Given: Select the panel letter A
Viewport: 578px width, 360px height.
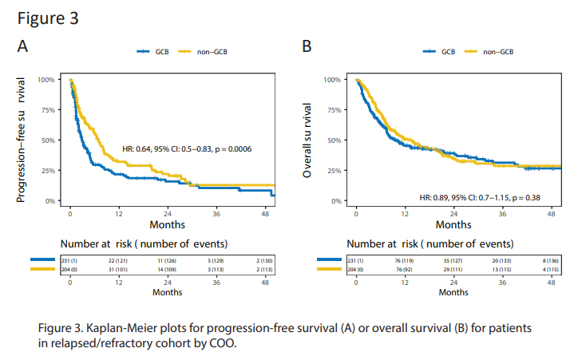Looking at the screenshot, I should tap(23, 48).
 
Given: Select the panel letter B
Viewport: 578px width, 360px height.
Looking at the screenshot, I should tap(306, 48).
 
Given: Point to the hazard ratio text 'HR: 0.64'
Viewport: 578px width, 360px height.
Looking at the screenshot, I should tap(139, 148).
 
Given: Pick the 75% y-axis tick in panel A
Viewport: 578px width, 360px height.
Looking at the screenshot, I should tap(46, 110).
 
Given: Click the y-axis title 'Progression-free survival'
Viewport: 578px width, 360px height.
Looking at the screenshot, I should tap(22, 140).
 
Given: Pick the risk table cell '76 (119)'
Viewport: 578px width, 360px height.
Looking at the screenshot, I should tap(404, 259).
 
